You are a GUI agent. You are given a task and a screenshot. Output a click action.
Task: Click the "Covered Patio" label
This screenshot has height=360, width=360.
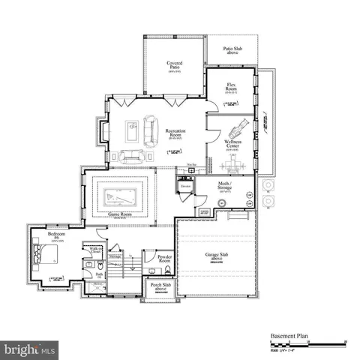(x=175, y=67)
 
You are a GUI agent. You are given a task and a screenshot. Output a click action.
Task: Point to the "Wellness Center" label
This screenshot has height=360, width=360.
(x=232, y=145)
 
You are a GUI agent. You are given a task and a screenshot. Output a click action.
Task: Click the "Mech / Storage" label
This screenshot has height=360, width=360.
(x=225, y=187)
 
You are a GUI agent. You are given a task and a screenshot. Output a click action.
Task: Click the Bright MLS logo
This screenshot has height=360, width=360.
(x=30, y=349)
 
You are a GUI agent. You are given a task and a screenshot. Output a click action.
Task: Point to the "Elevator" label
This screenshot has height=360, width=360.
(x=184, y=187)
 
